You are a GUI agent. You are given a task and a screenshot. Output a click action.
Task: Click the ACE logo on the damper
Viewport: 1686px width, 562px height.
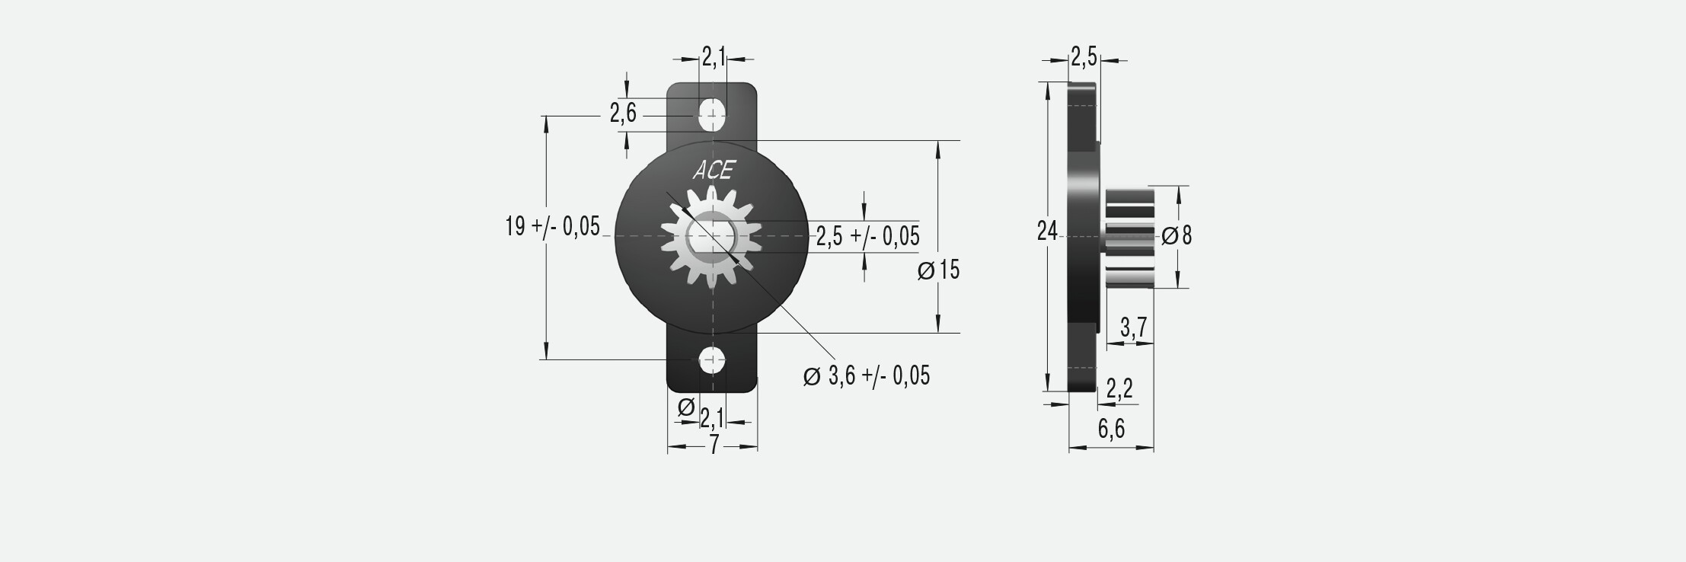click(x=713, y=171)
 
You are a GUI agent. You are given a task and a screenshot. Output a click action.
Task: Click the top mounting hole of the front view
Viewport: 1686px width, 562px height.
click(x=713, y=114)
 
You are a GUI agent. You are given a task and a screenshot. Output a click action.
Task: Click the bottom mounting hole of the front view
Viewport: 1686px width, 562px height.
click(x=713, y=360)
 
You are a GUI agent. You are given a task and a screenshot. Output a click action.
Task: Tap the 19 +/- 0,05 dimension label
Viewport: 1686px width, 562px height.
click(x=553, y=226)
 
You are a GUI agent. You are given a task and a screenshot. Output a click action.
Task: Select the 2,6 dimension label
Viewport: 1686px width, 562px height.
click(x=623, y=114)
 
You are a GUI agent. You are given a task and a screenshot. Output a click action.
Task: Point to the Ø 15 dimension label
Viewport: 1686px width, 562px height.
click(x=939, y=270)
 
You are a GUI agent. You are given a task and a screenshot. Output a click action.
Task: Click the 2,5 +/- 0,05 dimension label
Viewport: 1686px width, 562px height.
click(x=868, y=237)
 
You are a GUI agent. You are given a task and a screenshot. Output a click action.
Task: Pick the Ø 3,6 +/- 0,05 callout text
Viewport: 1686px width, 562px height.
click(x=867, y=375)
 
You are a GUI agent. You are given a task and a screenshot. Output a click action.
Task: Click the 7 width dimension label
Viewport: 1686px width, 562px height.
click(x=714, y=445)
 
